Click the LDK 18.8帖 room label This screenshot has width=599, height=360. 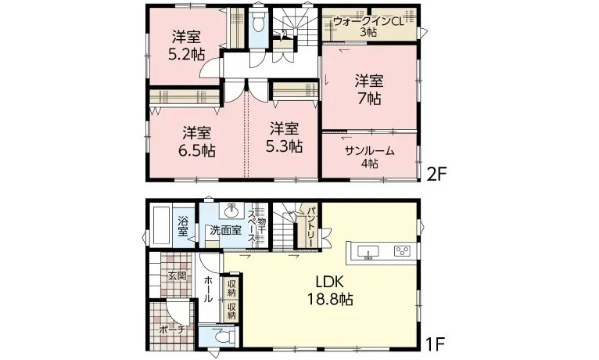(x=331, y=290)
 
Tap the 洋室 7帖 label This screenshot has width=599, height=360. (x=369, y=90)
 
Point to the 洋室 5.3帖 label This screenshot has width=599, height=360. (x=284, y=138)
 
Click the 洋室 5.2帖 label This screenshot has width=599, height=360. (x=186, y=46)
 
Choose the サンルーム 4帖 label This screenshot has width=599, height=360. (x=369, y=157)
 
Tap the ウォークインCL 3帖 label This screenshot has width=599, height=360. (x=368, y=27)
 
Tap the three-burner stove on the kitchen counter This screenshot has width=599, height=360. (x=402, y=251)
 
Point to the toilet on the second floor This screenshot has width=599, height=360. (x=259, y=22)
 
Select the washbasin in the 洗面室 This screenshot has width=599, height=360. (x=232, y=211)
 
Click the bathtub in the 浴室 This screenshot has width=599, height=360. (x=160, y=226)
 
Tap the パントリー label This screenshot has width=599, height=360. (x=311, y=228)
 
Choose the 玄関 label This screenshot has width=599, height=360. (x=178, y=275)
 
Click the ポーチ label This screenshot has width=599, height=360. (x=171, y=329)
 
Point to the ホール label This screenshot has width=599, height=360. (x=208, y=290)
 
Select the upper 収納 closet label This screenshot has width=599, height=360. (x=232, y=289)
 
